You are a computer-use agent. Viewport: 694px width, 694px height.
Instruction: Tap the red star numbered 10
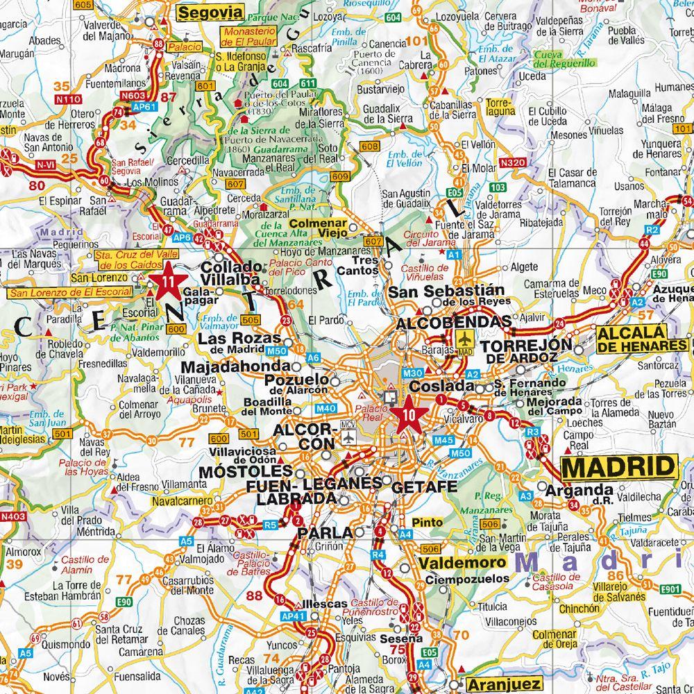click(408, 414)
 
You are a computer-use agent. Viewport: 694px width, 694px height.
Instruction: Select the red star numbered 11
click(167, 282)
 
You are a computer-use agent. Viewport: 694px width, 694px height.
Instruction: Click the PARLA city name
click(321, 534)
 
